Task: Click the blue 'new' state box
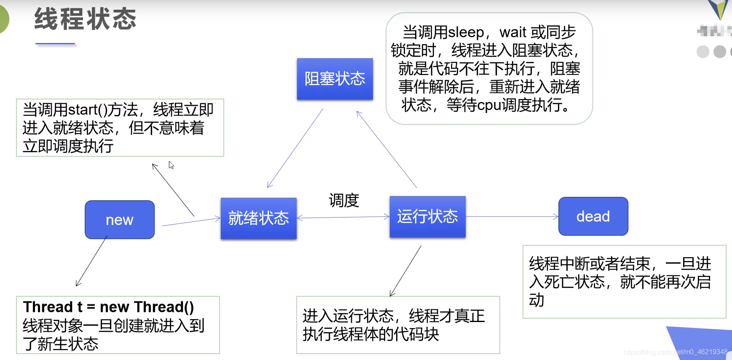click(x=120, y=220)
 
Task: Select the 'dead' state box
click(x=593, y=216)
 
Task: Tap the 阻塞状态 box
click(x=335, y=79)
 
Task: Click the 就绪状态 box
click(x=258, y=218)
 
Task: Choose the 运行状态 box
click(x=427, y=216)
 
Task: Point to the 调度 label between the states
click(x=344, y=200)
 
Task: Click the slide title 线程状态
click(x=86, y=19)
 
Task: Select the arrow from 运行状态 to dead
click(x=512, y=217)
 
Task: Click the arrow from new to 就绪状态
click(x=191, y=222)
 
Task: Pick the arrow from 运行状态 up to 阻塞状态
click(x=386, y=149)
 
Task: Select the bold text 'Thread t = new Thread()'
click(x=109, y=307)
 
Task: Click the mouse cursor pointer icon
click(x=171, y=165)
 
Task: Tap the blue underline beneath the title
click(x=55, y=43)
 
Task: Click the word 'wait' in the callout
click(x=513, y=32)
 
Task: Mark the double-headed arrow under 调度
click(x=343, y=218)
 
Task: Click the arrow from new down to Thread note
click(x=91, y=261)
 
